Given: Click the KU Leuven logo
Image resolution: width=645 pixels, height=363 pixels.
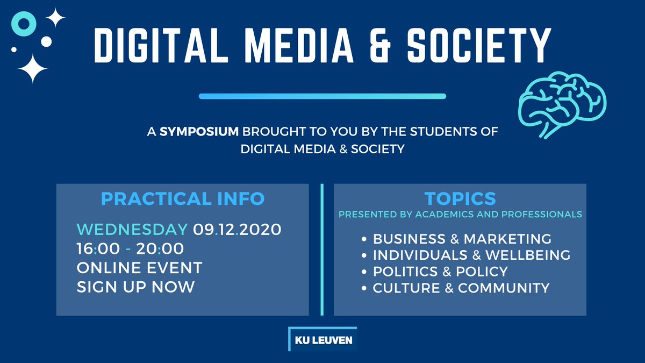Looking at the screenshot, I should pos(322,339).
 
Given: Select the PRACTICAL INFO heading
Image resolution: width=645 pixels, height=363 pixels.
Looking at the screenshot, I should pos(183,198).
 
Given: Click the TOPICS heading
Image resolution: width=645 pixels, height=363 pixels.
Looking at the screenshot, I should pos(460,198).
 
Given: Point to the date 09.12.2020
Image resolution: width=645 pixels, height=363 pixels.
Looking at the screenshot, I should pos(237,230).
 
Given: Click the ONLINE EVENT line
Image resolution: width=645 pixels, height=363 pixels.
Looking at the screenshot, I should pos(139,267).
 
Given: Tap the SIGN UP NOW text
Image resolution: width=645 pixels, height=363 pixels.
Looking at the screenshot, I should pos(135,286).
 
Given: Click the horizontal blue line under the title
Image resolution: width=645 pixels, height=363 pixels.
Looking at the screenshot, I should pos(322,96).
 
